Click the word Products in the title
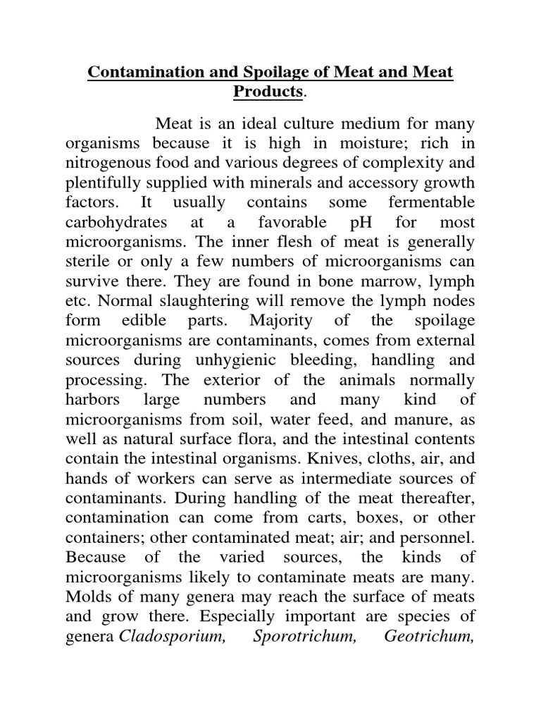pos(270,92)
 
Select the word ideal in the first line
pos(252,125)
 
